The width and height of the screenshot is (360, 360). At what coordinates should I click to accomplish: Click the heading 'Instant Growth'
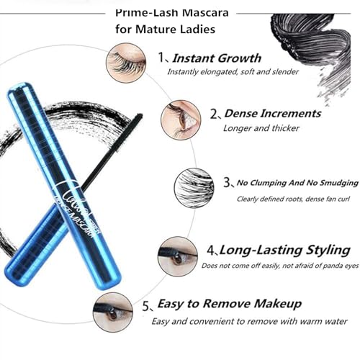tap(217, 58)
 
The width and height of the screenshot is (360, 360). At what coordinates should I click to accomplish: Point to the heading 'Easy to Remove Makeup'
tap(229, 303)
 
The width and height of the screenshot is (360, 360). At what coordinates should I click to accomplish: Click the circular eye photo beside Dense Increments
tap(181, 119)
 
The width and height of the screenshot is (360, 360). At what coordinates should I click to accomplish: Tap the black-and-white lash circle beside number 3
tap(194, 187)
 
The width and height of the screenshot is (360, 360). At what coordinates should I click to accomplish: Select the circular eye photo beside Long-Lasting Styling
tap(178, 256)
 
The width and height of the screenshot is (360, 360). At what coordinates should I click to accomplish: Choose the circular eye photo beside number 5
tap(113, 311)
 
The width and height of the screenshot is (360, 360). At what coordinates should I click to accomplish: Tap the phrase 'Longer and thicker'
tap(251, 128)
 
